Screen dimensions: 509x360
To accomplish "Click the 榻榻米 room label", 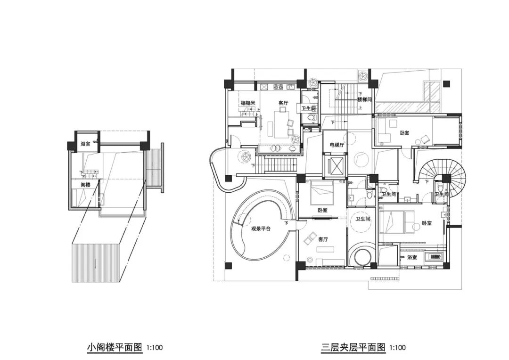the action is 247,103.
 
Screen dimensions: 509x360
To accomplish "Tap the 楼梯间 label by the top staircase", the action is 364,100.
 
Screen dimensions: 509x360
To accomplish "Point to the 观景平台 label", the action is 261,229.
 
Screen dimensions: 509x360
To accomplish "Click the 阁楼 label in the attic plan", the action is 85,185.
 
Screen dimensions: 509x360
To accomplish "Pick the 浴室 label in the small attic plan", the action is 85,144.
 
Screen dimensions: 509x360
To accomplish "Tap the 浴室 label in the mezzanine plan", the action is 412,257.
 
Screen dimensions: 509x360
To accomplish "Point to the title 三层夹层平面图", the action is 353,348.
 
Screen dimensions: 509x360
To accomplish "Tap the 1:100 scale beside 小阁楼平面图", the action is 155,348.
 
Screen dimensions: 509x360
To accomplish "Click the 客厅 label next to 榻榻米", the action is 283,103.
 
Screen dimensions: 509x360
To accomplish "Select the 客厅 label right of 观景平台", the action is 323,239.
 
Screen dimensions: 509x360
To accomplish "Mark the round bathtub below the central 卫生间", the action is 362,257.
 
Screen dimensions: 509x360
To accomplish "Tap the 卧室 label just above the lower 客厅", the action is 322,211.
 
